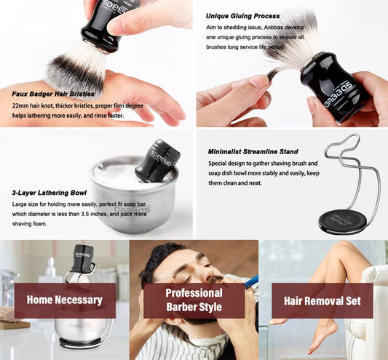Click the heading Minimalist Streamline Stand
[x=252, y=151]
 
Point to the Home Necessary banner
[x=64, y=300]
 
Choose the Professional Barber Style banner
[x=193, y=300]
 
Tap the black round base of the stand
[x=345, y=218]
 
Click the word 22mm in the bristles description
[x=20, y=105]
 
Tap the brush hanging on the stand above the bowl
[x=82, y=259]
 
